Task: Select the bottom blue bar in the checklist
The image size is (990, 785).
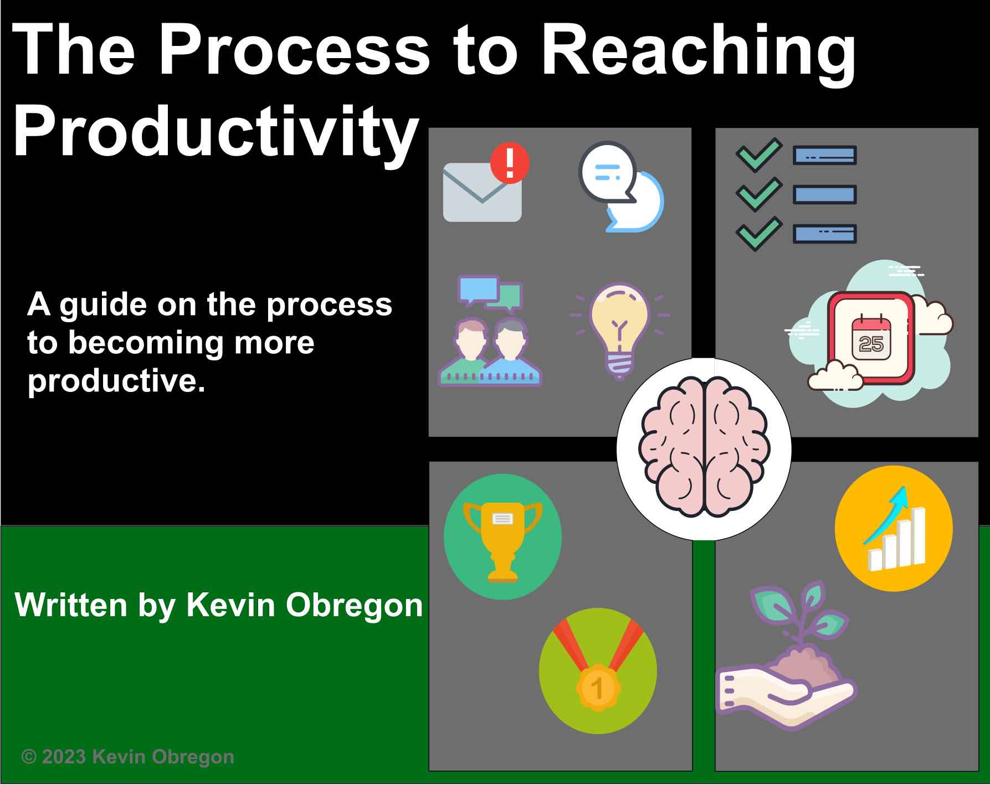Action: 824,234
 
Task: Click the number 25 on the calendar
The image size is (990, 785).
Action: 870,345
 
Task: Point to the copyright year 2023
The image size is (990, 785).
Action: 63,756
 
